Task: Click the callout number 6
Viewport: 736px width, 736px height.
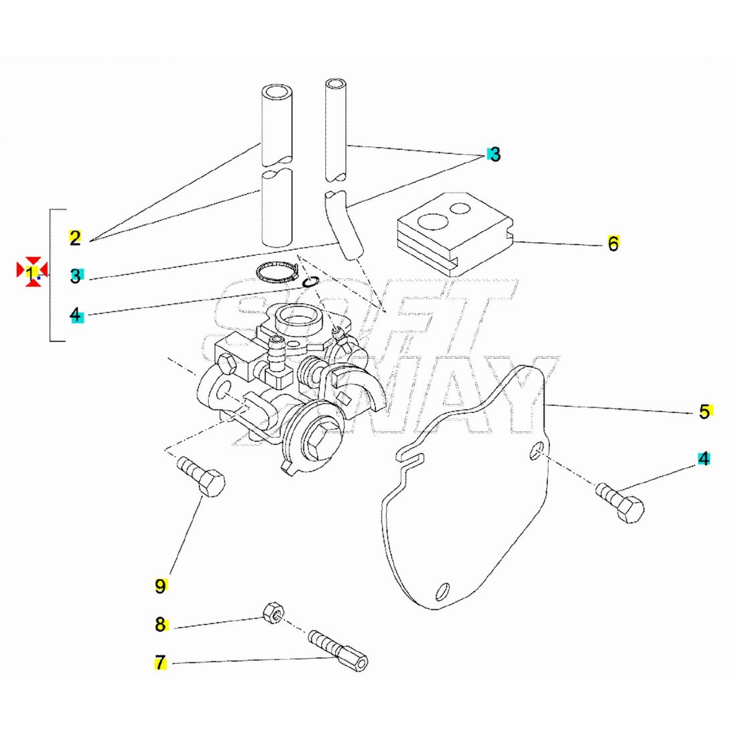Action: coord(613,244)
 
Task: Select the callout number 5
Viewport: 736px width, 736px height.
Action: coord(705,411)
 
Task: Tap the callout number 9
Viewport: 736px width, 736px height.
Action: coord(161,586)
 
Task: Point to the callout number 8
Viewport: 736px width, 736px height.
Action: coord(161,624)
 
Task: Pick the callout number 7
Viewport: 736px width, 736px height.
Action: coord(161,663)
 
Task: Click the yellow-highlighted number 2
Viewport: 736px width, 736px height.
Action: coord(75,237)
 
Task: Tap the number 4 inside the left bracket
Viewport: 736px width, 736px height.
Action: coord(77,314)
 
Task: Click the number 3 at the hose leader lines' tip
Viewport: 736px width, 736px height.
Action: coord(494,154)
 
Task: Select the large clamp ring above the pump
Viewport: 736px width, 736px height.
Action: coord(278,273)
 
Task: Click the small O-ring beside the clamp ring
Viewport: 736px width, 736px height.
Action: coord(310,282)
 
